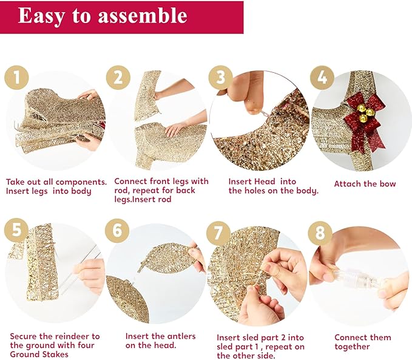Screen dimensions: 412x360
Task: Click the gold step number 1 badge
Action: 16,78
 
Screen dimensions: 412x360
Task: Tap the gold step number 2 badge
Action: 118,78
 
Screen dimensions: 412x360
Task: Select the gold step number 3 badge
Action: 221,78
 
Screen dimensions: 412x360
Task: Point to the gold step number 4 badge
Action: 322,78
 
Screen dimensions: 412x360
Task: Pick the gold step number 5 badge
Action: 16,231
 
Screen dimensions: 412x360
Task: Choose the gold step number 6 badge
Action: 117,231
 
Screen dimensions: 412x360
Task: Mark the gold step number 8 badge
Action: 320,233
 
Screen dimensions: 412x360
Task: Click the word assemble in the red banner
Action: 143,16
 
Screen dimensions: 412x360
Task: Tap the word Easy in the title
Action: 41,17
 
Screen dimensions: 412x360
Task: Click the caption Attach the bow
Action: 365,183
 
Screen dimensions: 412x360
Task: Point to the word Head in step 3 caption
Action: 265,182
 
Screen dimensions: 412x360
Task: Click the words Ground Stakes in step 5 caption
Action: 39,354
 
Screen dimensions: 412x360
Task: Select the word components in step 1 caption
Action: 81,182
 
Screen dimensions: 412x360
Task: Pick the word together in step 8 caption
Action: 352,347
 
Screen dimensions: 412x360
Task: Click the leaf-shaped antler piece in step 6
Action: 168,258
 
